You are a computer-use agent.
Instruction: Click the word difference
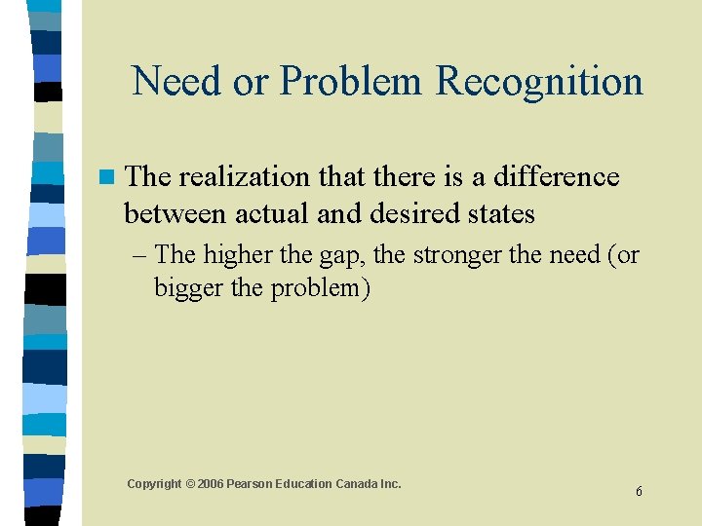tap(556, 176)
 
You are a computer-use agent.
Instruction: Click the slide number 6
tap(639, 492)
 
